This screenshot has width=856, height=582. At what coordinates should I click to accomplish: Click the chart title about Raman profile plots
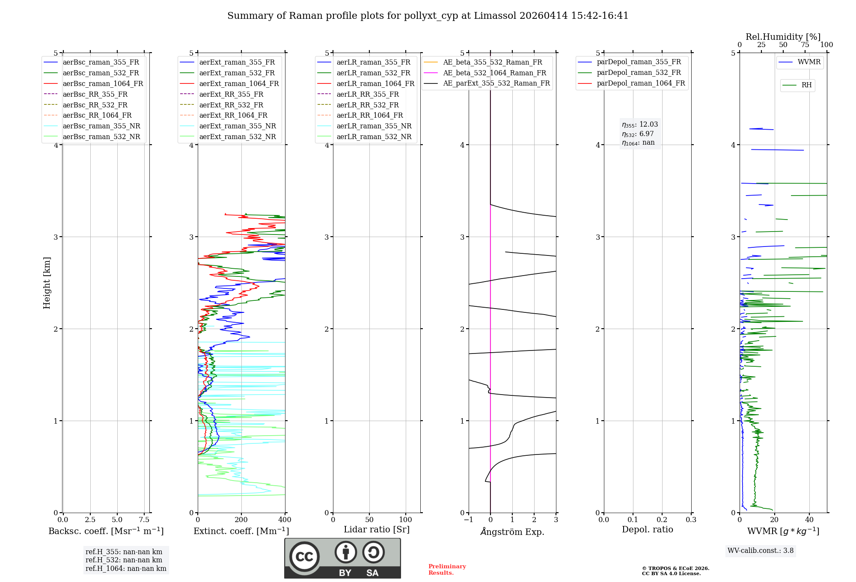(428, 16)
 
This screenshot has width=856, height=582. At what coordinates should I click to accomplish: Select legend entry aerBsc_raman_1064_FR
(103, 83)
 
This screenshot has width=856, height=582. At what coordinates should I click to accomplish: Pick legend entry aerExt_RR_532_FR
(231, 105)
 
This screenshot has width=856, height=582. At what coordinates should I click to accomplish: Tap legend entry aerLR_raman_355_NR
(374, 126)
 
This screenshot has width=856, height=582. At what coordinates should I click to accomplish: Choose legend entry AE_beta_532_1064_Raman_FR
(494, 73)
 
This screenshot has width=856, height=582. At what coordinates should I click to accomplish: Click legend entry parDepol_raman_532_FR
(639, 73)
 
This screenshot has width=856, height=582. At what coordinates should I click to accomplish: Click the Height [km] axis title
(47, 283)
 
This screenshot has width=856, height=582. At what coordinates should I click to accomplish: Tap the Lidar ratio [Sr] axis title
(377, 529)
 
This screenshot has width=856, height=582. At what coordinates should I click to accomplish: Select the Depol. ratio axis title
(647, 529)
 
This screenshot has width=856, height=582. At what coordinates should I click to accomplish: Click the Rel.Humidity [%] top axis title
(783, 37)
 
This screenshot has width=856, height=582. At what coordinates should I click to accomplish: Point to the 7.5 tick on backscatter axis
(144, 520)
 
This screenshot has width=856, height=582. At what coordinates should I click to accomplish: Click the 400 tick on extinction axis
(285, 520)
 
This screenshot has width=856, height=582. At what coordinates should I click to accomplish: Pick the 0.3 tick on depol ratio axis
(691, 520)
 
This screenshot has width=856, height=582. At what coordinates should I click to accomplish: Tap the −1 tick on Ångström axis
(469, 520)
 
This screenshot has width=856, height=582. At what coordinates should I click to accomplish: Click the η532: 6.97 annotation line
(638, 134)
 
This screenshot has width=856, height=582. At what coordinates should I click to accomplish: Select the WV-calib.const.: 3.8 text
(761, 551)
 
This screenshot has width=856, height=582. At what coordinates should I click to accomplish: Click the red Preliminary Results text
(447, 570)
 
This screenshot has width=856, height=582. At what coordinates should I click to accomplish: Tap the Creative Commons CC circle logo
(304, 556)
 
